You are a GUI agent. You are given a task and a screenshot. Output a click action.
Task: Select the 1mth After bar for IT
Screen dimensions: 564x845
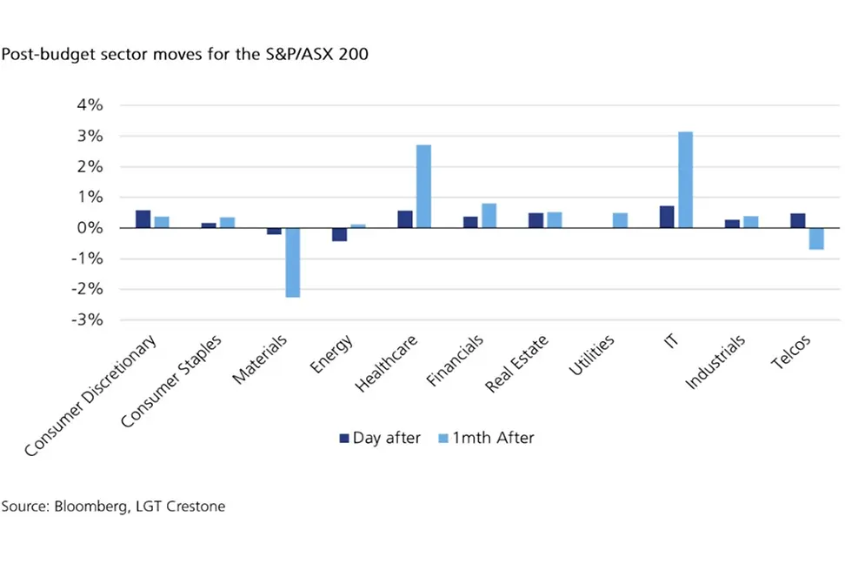click(685, 180)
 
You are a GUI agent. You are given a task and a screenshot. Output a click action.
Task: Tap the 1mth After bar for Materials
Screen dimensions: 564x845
click(293, 262)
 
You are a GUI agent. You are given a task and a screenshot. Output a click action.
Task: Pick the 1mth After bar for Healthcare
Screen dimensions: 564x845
click(423, 186)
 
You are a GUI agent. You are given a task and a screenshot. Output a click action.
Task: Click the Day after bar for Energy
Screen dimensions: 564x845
click(340, 234)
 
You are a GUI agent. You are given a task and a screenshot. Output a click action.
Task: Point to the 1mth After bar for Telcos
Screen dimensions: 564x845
click(815, 238)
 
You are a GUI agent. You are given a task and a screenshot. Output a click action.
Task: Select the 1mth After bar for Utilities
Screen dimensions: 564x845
click(620, 220)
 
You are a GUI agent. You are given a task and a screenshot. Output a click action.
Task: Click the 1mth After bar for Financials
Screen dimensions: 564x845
click(489, 216)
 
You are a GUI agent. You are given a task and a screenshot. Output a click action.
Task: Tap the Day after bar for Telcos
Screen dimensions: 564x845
click(797, 221)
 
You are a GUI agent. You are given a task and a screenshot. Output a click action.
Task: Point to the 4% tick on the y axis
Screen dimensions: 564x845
click(90, 105)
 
